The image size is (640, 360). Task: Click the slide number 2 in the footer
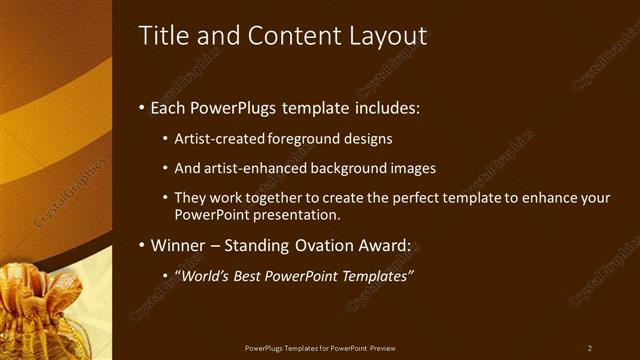[590, 348]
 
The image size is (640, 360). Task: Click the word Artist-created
[216, 139]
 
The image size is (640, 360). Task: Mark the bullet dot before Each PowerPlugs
[141, 107]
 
